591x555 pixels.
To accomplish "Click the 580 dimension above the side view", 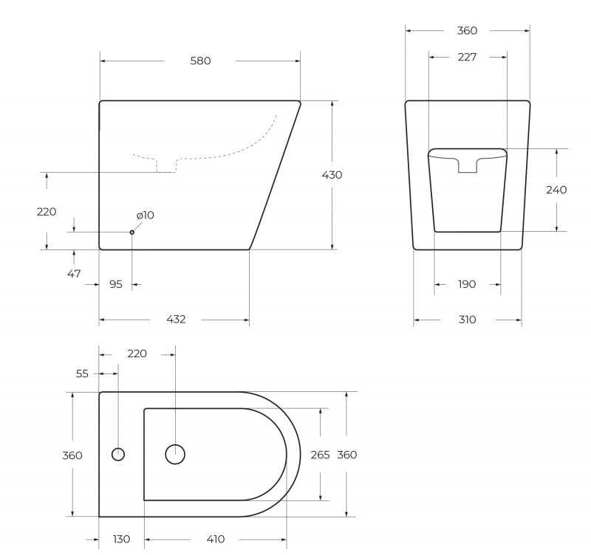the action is (200, 61).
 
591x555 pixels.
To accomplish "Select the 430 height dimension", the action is (332, 175).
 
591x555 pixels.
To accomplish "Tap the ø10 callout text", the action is (146, 215).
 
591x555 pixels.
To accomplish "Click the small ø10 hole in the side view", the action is (132, 232).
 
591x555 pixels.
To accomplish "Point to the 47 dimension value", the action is (74, 274).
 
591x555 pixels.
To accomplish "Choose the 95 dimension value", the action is (116, 284).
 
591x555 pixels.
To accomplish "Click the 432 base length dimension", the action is (176, 320).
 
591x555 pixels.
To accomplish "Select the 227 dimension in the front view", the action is (467, 57).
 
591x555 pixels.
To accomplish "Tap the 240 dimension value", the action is (556, 190).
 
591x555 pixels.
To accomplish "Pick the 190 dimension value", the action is (467, 284).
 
